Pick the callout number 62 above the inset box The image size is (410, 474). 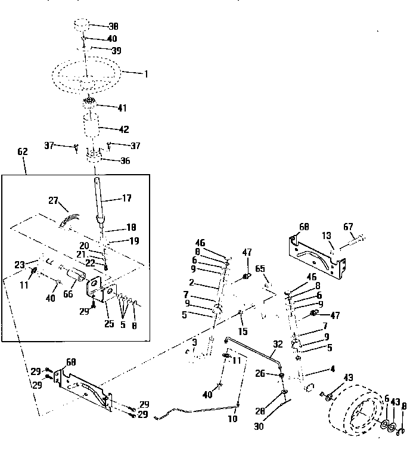tap(23, 153)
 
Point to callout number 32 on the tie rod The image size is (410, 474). tap(277, 344)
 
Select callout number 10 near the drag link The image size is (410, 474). tap(232, 419)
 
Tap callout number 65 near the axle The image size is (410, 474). tap(260, 269)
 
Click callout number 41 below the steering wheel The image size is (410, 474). tap(122, 108)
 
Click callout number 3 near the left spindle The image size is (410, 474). tap(194, 342)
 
